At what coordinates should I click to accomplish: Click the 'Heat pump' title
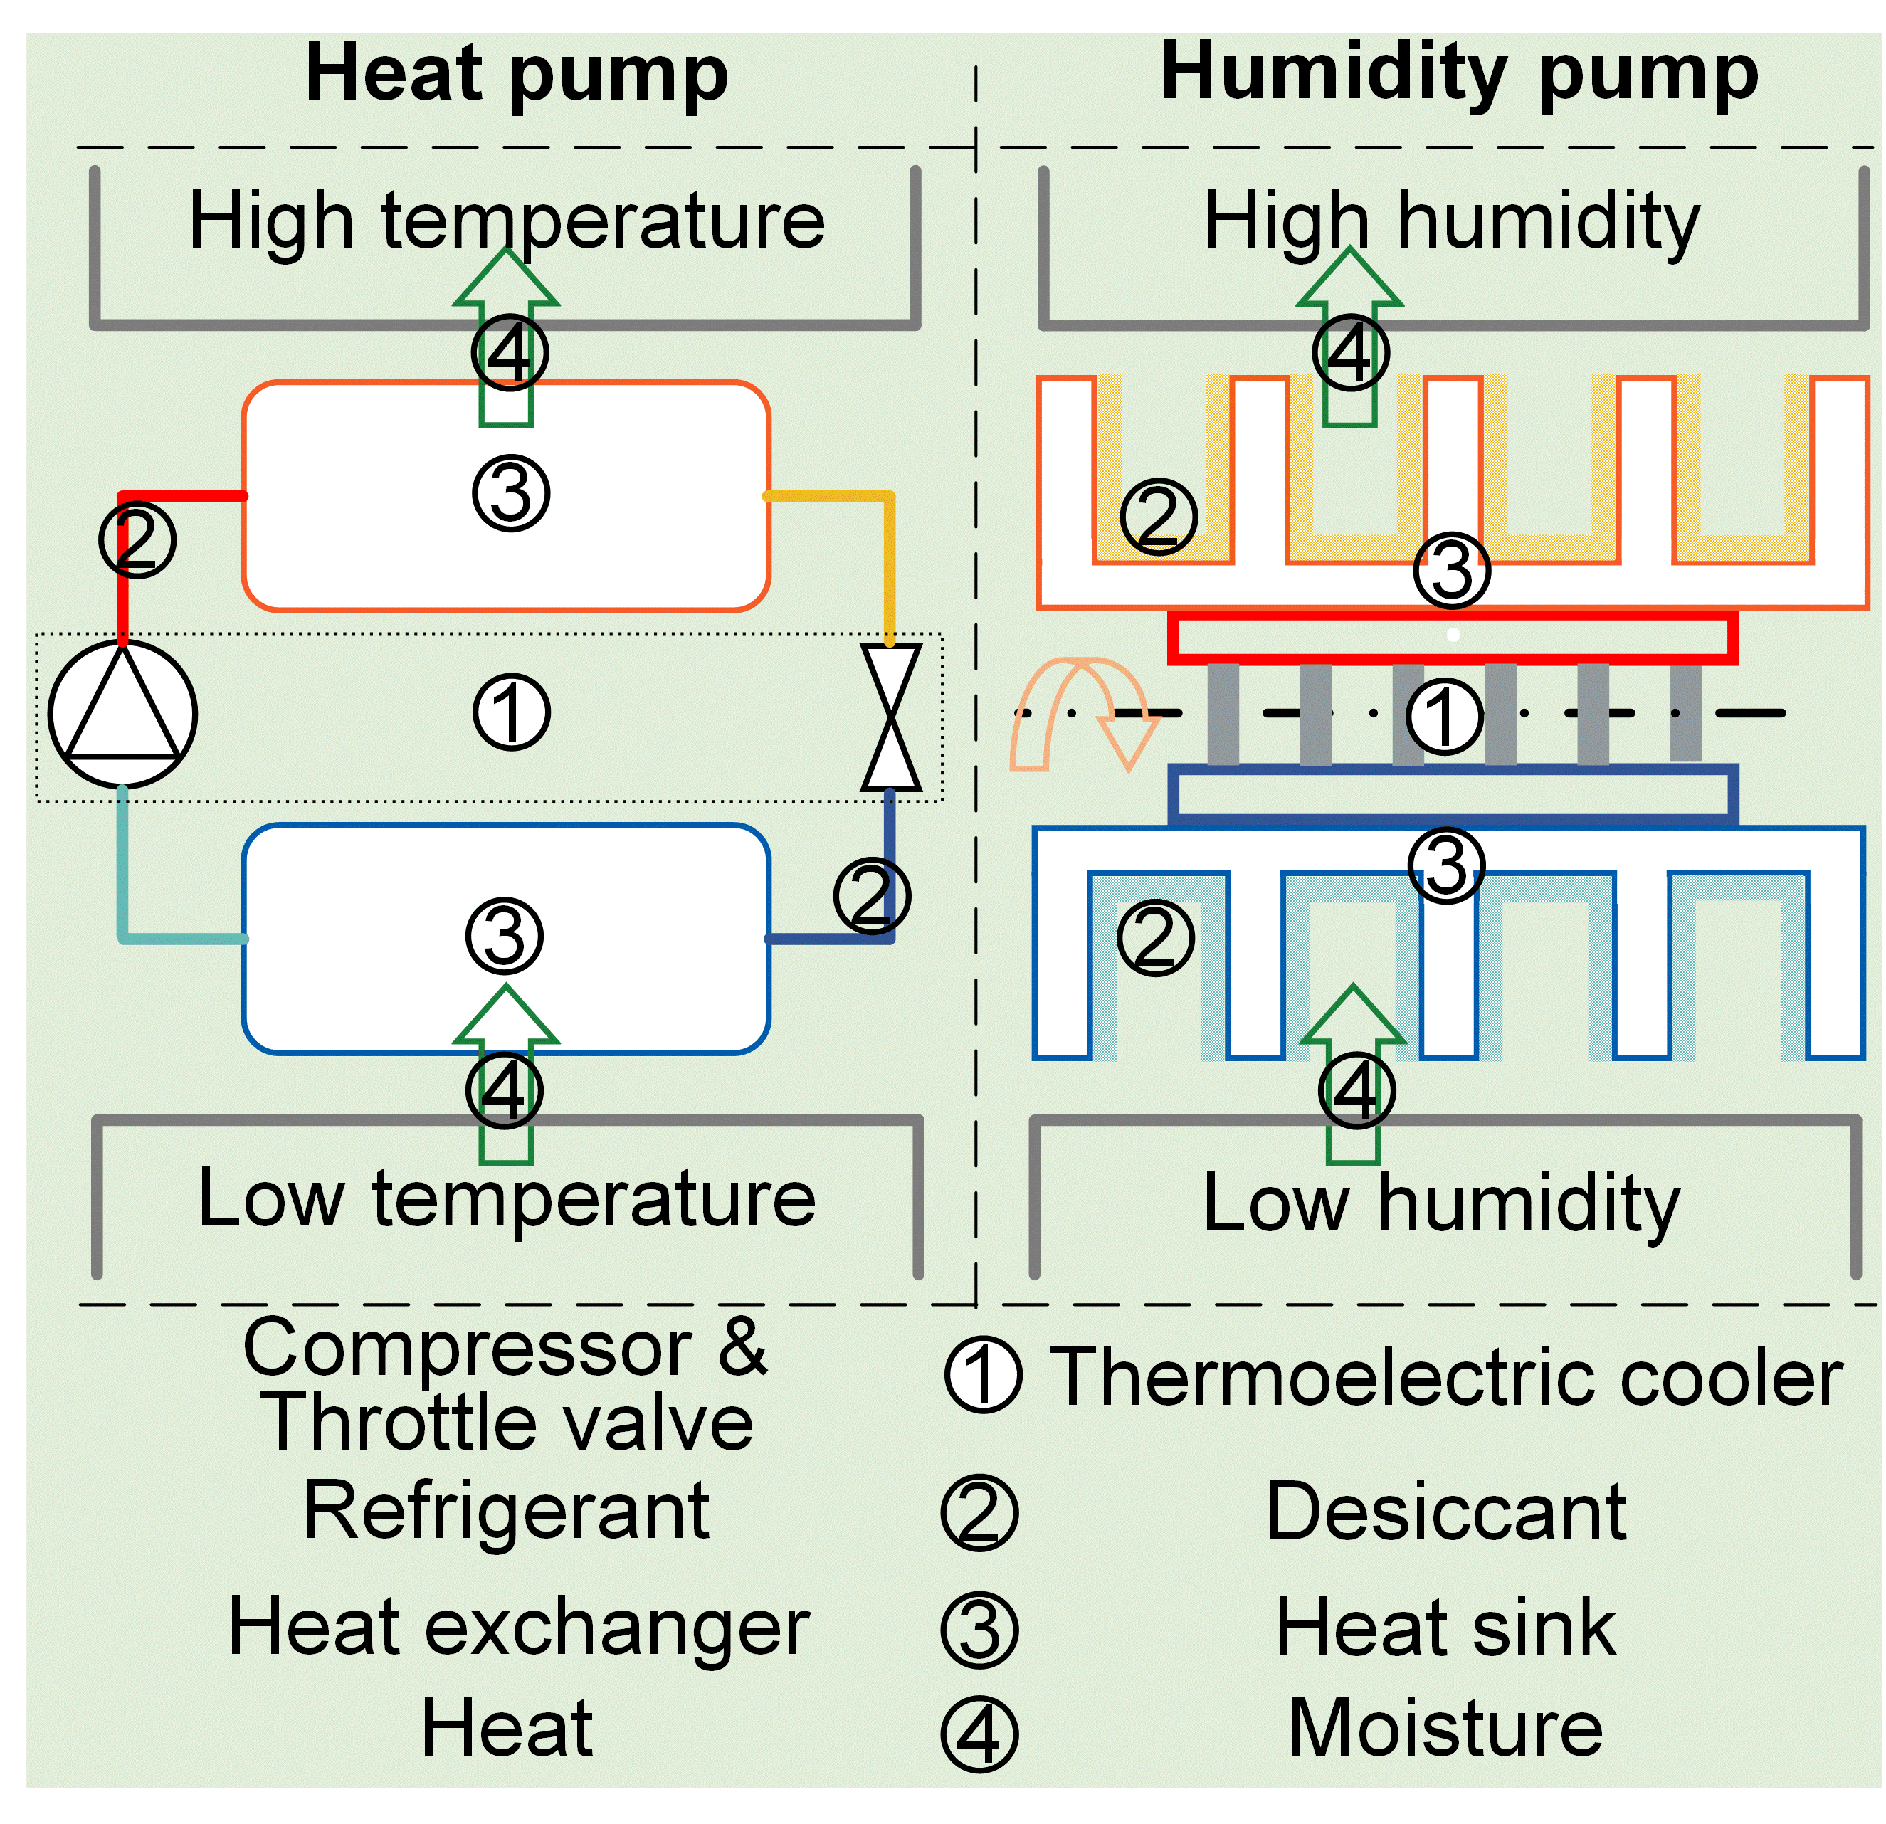tap(516, 75)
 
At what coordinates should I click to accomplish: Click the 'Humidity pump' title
tap(1459, 73)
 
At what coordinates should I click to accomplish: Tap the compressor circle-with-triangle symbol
tap(122, 714)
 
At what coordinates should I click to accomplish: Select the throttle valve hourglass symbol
tap(890, 717)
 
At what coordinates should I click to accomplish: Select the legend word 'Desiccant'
tap(1446, 1512)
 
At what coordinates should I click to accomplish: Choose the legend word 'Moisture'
tap(1445, 1728)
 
